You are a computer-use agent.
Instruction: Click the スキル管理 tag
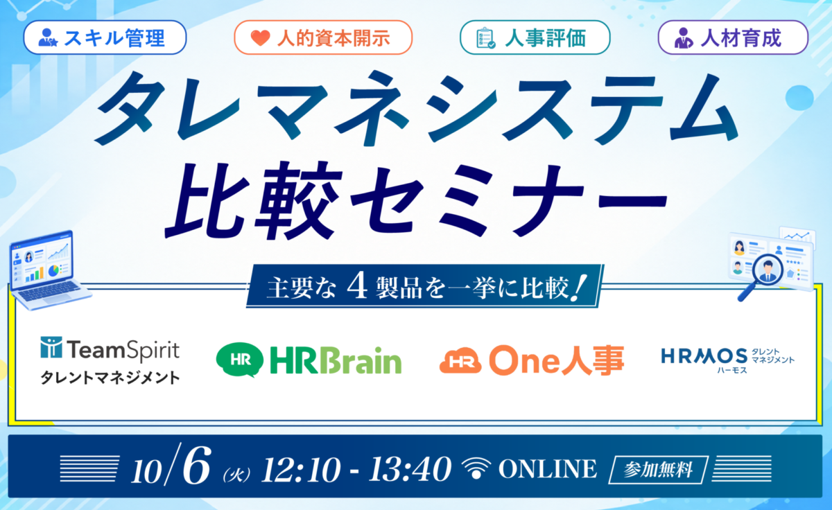(105, 37)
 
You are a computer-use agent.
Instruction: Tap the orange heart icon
(260, 38)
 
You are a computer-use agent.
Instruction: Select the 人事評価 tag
(535, 37)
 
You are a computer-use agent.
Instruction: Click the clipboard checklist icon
(485, 38)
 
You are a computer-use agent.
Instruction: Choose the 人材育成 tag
(733, 37)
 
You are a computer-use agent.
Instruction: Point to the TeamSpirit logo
(110, 349)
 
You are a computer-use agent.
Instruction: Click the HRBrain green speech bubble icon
(240, 360)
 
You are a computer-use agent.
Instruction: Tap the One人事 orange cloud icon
(460, 360)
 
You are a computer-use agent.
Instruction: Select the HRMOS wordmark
(704, 356)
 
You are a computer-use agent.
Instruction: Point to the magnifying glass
(761, 276)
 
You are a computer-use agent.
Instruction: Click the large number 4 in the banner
(357, 285)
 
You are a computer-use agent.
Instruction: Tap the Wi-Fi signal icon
(476, 468)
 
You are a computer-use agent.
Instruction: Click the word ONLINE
(548, 469)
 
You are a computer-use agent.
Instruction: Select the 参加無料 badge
(658, 470)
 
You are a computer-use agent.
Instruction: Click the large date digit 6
(196, 465)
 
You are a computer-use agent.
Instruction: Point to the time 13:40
(410, 469)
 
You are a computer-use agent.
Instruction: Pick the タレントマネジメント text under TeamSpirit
(110, 378)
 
